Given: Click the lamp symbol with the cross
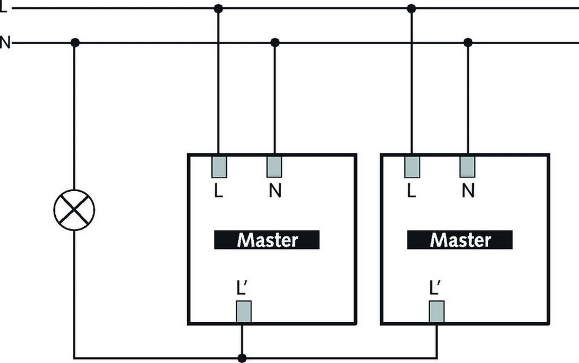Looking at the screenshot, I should click(74, 210).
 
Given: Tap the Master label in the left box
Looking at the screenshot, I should click(267, 240).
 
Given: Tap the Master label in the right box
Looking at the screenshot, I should click(460, 240).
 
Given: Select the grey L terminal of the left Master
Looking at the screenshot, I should click(219, 166).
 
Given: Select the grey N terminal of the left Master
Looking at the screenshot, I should click(275, 166).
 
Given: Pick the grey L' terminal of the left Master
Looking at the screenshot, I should click(243, 311).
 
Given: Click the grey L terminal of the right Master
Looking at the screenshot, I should click(412, 166).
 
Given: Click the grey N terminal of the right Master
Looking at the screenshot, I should click(467, 166).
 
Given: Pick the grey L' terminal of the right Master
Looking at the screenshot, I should click(436, 311).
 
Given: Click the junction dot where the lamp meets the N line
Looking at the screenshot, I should click(74, 42).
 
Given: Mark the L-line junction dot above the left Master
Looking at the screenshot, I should click(219, 8).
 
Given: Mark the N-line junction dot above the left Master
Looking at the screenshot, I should click(275, 42).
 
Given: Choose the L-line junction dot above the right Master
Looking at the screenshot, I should click(412, 8).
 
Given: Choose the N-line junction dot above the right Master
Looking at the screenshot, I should click(468, 42).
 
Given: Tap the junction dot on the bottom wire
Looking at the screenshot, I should click(242, 358).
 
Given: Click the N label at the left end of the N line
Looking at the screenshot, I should click(5, 43).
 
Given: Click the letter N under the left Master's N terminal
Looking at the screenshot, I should click(275, 192).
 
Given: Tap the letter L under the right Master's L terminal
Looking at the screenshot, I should click(411, 192).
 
